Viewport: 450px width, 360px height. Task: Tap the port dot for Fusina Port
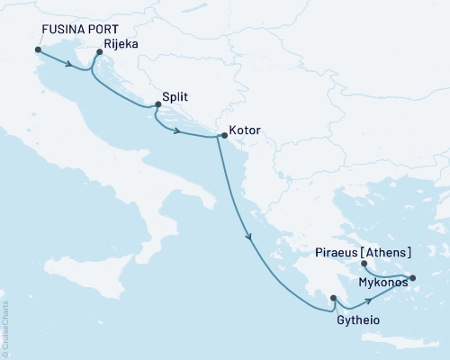(38, 50)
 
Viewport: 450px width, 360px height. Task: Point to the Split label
(176, 94)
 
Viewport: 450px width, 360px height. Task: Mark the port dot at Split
(158, 104)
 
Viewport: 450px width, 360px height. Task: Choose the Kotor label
(245, 130)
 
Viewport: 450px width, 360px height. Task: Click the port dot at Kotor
(224, 136)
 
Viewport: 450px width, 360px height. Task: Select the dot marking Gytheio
(333, 298)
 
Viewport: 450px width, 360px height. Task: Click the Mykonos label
(382, 283)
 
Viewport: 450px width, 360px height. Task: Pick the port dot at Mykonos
(413, 278)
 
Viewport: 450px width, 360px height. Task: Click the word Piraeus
(338, 253)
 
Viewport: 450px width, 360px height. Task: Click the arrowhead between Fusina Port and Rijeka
(69, 64)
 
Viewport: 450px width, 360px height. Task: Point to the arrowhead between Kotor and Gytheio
(249, 236)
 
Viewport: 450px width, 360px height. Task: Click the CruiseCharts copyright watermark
(4, 328)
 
